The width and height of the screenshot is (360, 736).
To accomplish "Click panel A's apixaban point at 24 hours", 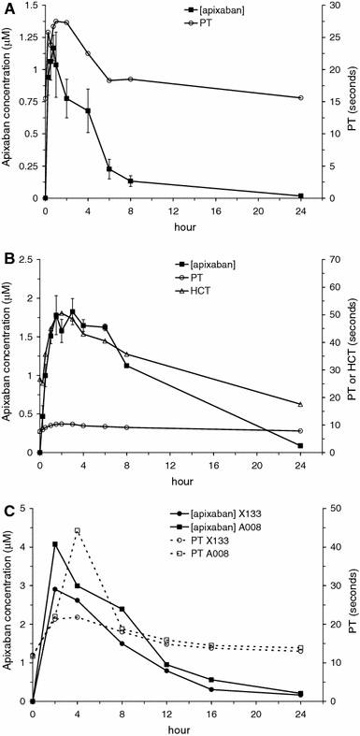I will [x=300, y=195].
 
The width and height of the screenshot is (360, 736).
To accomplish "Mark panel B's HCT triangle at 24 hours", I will [x=300, y=404].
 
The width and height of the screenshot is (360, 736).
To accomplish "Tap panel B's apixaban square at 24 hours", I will [x=300, y=446].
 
